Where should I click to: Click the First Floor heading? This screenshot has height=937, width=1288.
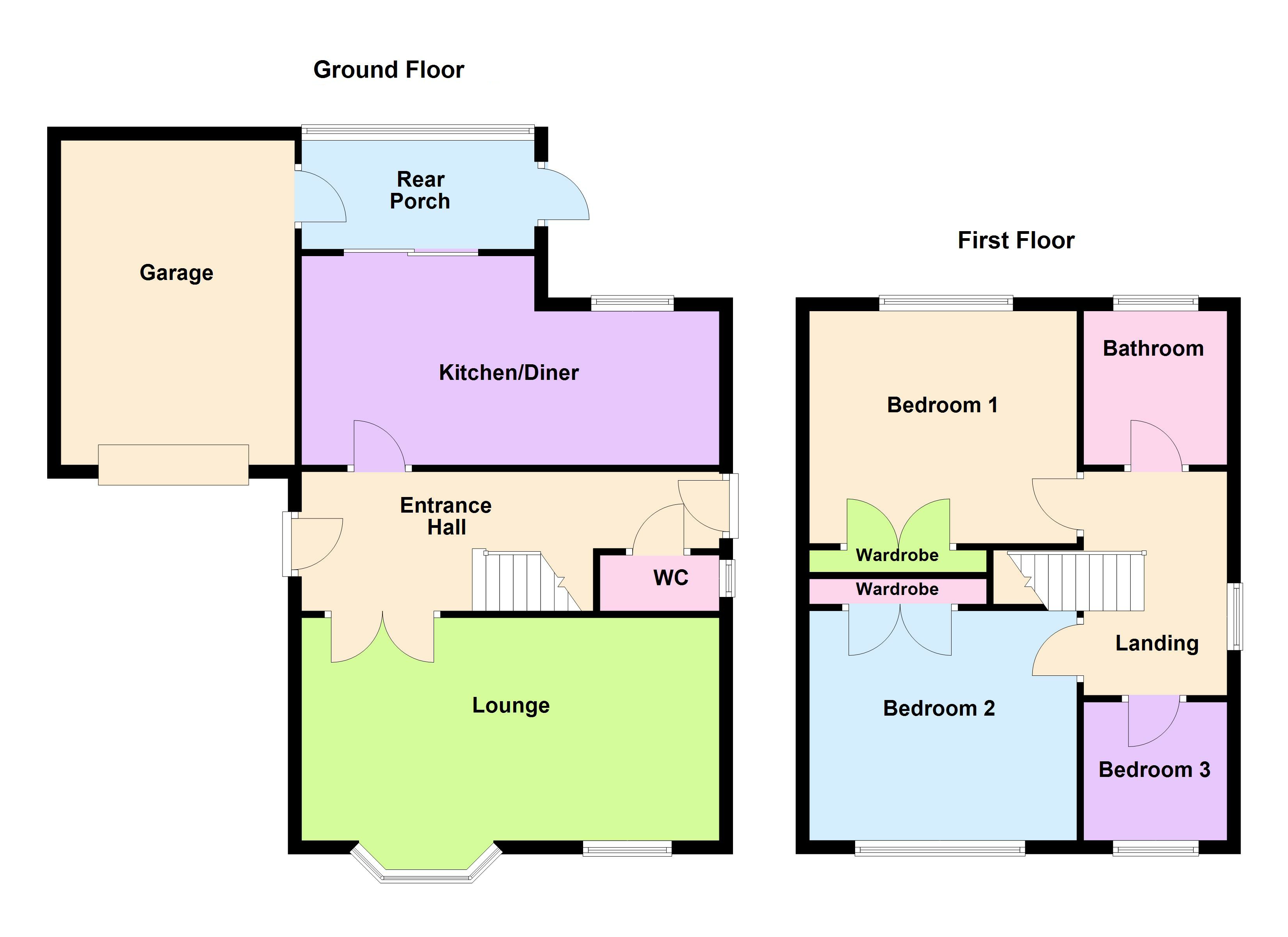pyautogui.click(x=1016, y=240)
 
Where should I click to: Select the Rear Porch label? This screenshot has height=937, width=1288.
pyautogui.click(x=420, y=191)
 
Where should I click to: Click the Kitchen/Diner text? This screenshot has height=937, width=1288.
pyautogui.click(x=509, y=373)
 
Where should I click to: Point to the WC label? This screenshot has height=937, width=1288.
pyautogui.click(x=671, y=578)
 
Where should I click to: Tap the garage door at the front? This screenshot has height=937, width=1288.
pyautogui.click(x=173, y=465)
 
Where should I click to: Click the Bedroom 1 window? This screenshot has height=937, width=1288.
pyautogui.click(x=946, y=303)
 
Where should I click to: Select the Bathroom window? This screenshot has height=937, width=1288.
pyautogui.click(x=1155, y=303)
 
